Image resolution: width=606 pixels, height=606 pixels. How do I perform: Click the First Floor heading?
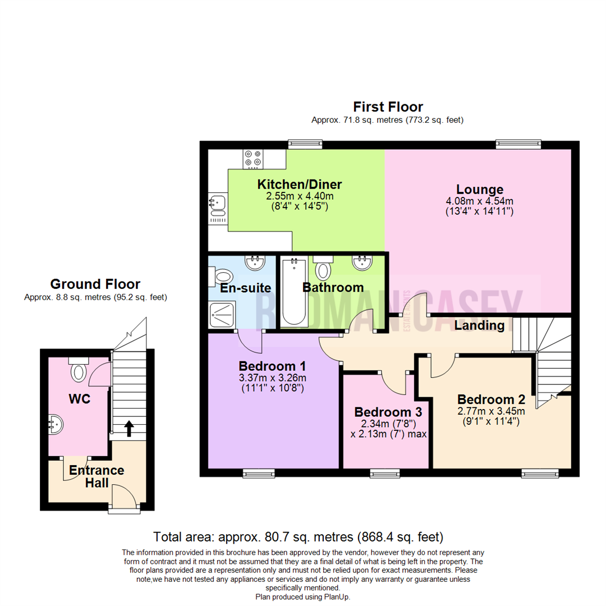tap(388, 107)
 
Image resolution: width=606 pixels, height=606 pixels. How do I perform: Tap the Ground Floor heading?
tap(95, 284)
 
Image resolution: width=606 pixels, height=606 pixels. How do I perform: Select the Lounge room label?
tap(480, 189)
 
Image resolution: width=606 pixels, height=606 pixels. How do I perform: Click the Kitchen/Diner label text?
tap(300, 185)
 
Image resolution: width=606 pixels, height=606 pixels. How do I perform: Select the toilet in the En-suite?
tap(224, 276)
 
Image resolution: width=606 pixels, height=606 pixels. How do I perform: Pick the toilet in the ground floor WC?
tap(78, 370)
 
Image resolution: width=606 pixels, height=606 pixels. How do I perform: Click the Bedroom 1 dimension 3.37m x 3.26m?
tap(272, 377)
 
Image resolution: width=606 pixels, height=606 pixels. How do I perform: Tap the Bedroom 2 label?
tap(491, 400)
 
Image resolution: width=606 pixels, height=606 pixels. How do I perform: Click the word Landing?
tap(479, 325)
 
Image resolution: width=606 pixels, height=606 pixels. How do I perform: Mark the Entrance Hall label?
tap(97, 476)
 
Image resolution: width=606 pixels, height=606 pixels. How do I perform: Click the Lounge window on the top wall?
tap(518, 144)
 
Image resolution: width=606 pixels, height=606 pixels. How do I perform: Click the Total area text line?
tap(299, 536)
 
